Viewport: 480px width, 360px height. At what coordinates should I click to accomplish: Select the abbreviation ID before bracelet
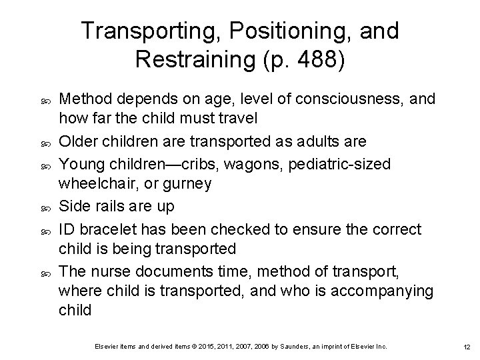[x=67, y=230]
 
